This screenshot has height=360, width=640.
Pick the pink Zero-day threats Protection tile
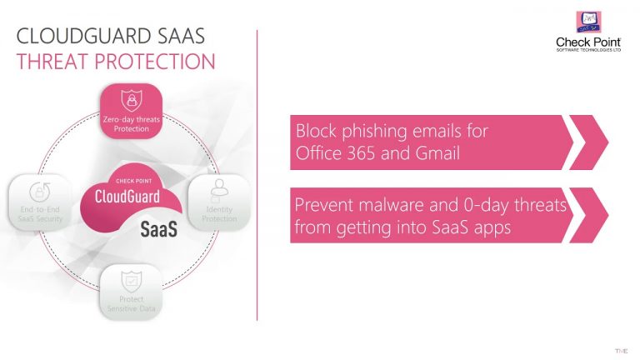point(132,112)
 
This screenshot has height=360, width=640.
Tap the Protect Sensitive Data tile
point(131,292)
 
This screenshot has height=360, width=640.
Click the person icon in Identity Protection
point(220,188)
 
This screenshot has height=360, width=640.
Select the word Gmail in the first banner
point(438,153)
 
